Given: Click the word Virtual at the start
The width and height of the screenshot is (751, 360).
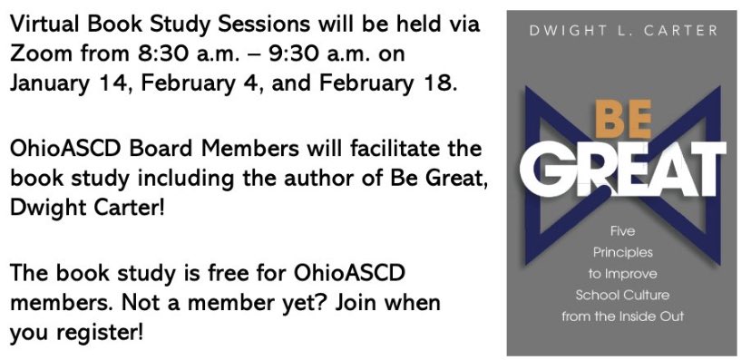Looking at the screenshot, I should point(44,24).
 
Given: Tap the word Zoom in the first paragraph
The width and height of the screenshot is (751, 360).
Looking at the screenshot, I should point(37,54).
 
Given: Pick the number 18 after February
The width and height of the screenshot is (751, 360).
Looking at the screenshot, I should point(434,83).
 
